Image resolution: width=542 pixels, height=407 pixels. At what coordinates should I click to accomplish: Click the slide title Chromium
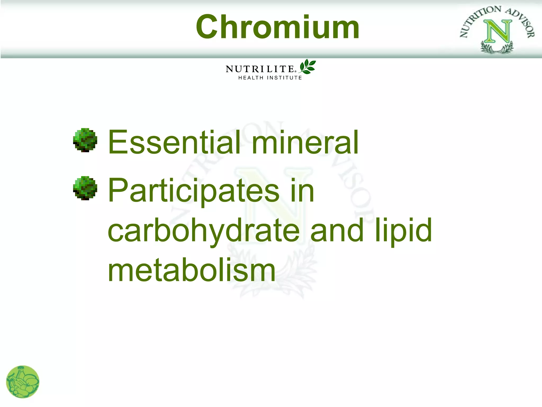point(277,27)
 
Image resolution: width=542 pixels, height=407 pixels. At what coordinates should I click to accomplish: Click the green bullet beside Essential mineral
point(85,140)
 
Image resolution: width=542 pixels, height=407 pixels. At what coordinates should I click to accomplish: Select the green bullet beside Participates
point(85,188)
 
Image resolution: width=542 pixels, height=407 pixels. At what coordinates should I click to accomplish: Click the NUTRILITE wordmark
point(259,69)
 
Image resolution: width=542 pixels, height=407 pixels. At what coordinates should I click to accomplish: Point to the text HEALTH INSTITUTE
point(270,78)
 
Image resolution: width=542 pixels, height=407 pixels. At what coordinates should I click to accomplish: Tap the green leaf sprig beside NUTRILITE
point(308,67)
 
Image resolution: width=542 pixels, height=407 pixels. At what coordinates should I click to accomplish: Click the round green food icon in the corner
point(22,382)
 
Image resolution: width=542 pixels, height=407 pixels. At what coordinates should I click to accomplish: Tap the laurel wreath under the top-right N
point(497,48)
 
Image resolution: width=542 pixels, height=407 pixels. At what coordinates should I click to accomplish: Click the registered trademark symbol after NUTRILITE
point(296,71)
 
